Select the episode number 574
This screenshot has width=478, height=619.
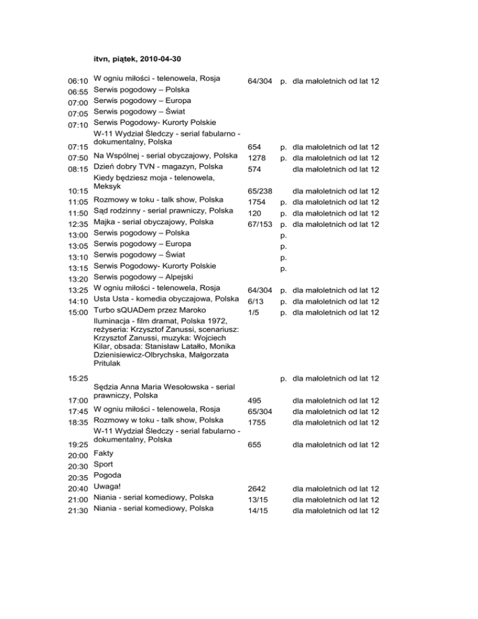click(x=255, y=169)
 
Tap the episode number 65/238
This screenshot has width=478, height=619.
click(x=260, y=191)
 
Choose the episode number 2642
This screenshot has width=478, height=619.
click(x=257, y=489)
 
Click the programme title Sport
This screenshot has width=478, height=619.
click(x=103, y=465)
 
